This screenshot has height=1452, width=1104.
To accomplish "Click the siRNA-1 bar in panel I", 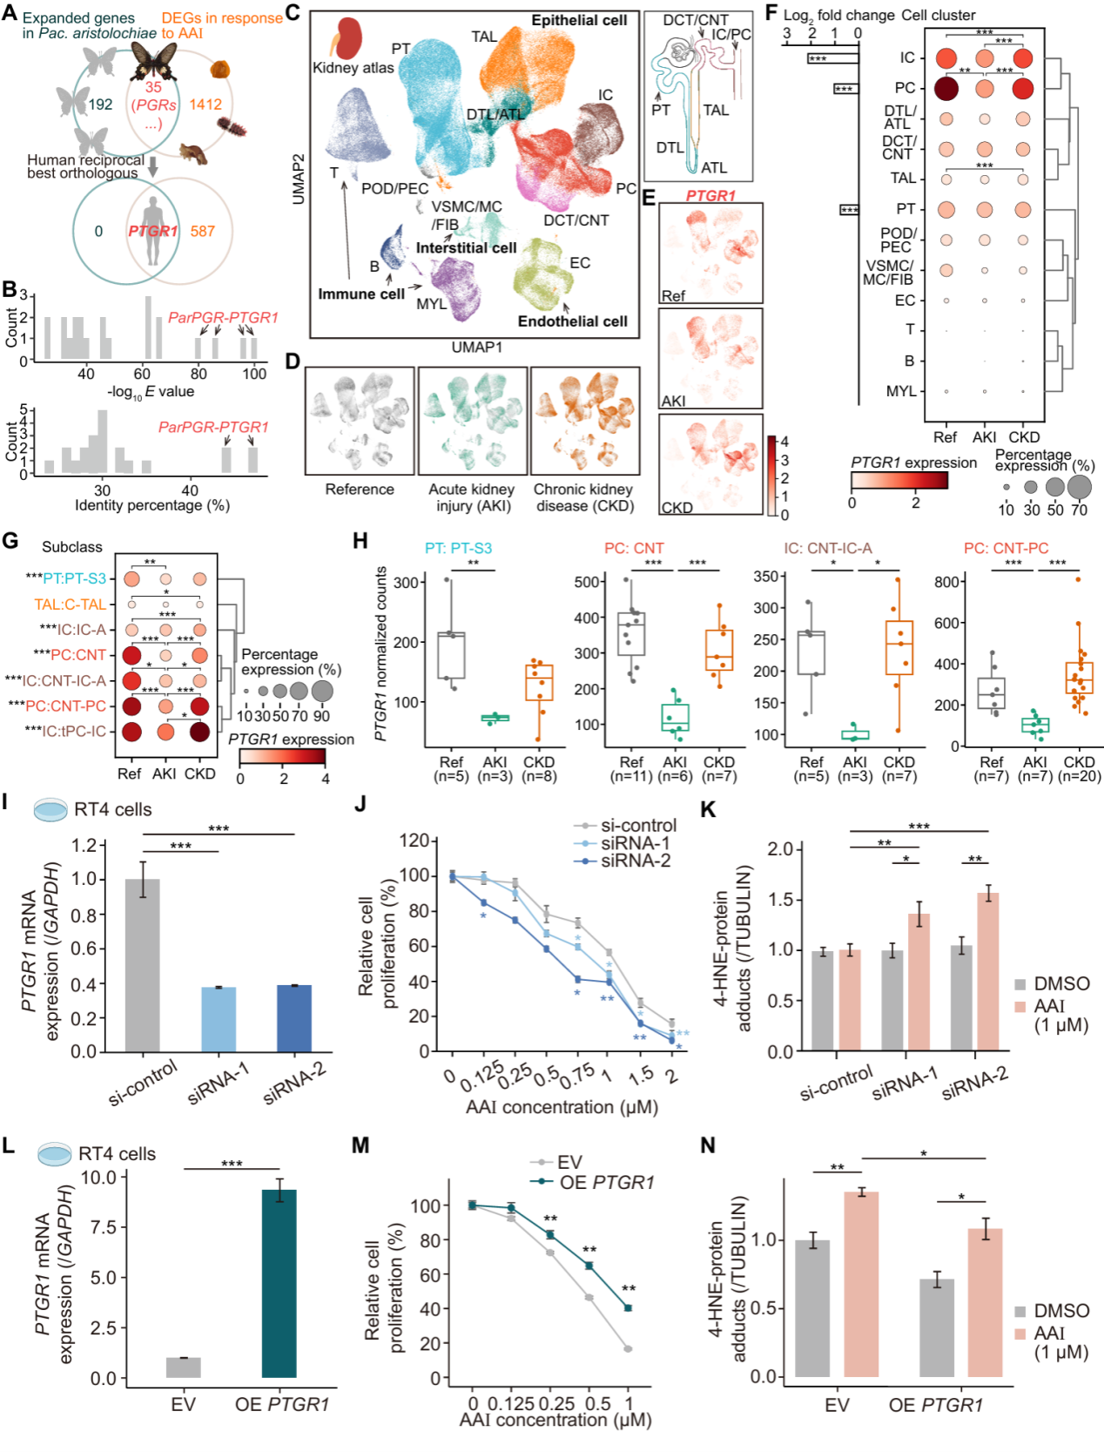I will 219,1018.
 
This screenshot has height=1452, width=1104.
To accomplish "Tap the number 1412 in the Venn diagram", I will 205,105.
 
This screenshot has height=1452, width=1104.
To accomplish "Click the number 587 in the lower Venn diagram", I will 202,231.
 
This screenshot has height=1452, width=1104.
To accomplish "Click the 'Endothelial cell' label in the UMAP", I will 572,321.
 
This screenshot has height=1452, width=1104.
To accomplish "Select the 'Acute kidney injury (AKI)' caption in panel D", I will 471,497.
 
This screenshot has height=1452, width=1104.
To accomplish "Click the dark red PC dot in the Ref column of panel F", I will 946,88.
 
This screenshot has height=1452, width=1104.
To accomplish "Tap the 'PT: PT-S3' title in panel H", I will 458,548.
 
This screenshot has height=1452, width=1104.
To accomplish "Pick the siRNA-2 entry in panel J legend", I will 636,861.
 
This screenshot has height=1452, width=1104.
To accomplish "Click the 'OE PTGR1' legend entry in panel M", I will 606,1182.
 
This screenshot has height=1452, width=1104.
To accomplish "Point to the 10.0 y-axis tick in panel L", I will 98,1178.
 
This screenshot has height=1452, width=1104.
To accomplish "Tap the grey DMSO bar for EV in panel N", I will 811,1307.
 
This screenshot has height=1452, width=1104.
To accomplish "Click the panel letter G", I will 10,541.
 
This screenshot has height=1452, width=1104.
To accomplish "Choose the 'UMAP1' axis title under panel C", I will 476,348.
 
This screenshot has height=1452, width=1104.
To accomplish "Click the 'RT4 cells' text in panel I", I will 112,809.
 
